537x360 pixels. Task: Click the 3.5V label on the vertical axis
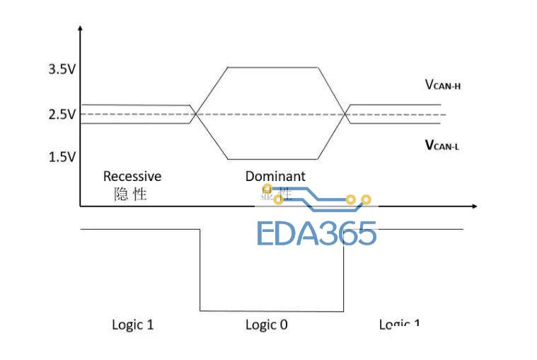pos(61,69)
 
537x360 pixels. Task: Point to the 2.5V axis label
pos(61,115)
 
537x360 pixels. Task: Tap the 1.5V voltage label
pos(61,157)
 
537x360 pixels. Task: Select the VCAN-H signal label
pos(443,86)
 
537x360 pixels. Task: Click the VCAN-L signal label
pos(443,145)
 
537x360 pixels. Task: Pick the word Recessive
pos(132,176)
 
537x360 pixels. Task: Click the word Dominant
pos(275,176)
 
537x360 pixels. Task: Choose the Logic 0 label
pos(267,325)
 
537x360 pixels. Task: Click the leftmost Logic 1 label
pos(132,325)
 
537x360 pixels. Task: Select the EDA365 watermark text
pos(316,233)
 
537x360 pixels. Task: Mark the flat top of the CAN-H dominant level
pos(272,67)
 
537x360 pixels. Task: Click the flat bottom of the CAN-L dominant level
pos(272,159)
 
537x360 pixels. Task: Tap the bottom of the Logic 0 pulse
pos(272,310)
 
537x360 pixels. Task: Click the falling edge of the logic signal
pos(200,269)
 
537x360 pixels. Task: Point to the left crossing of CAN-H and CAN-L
pos(197,115)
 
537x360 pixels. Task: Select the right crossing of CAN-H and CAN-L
pos(345,115)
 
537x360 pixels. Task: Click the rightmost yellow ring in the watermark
pos(366,199)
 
